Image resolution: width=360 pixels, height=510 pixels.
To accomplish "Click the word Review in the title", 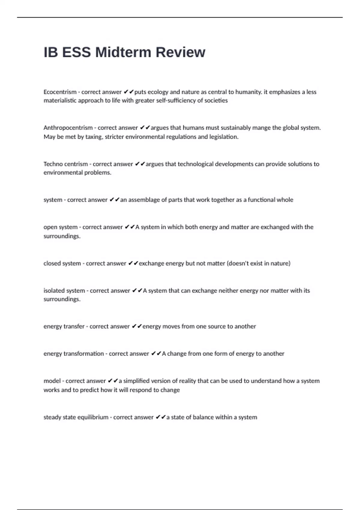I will pos(180,52).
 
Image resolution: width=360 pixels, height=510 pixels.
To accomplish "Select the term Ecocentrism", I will pos(60,92).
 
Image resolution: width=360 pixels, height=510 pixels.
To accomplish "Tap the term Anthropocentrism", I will pos(68,128).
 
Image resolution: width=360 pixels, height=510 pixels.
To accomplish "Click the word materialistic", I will pos(60,100).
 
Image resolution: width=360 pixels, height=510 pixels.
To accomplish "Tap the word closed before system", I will pos(52,263).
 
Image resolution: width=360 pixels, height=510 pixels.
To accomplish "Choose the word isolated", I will pos(54,290).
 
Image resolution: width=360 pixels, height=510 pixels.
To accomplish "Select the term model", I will pos(52,381).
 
